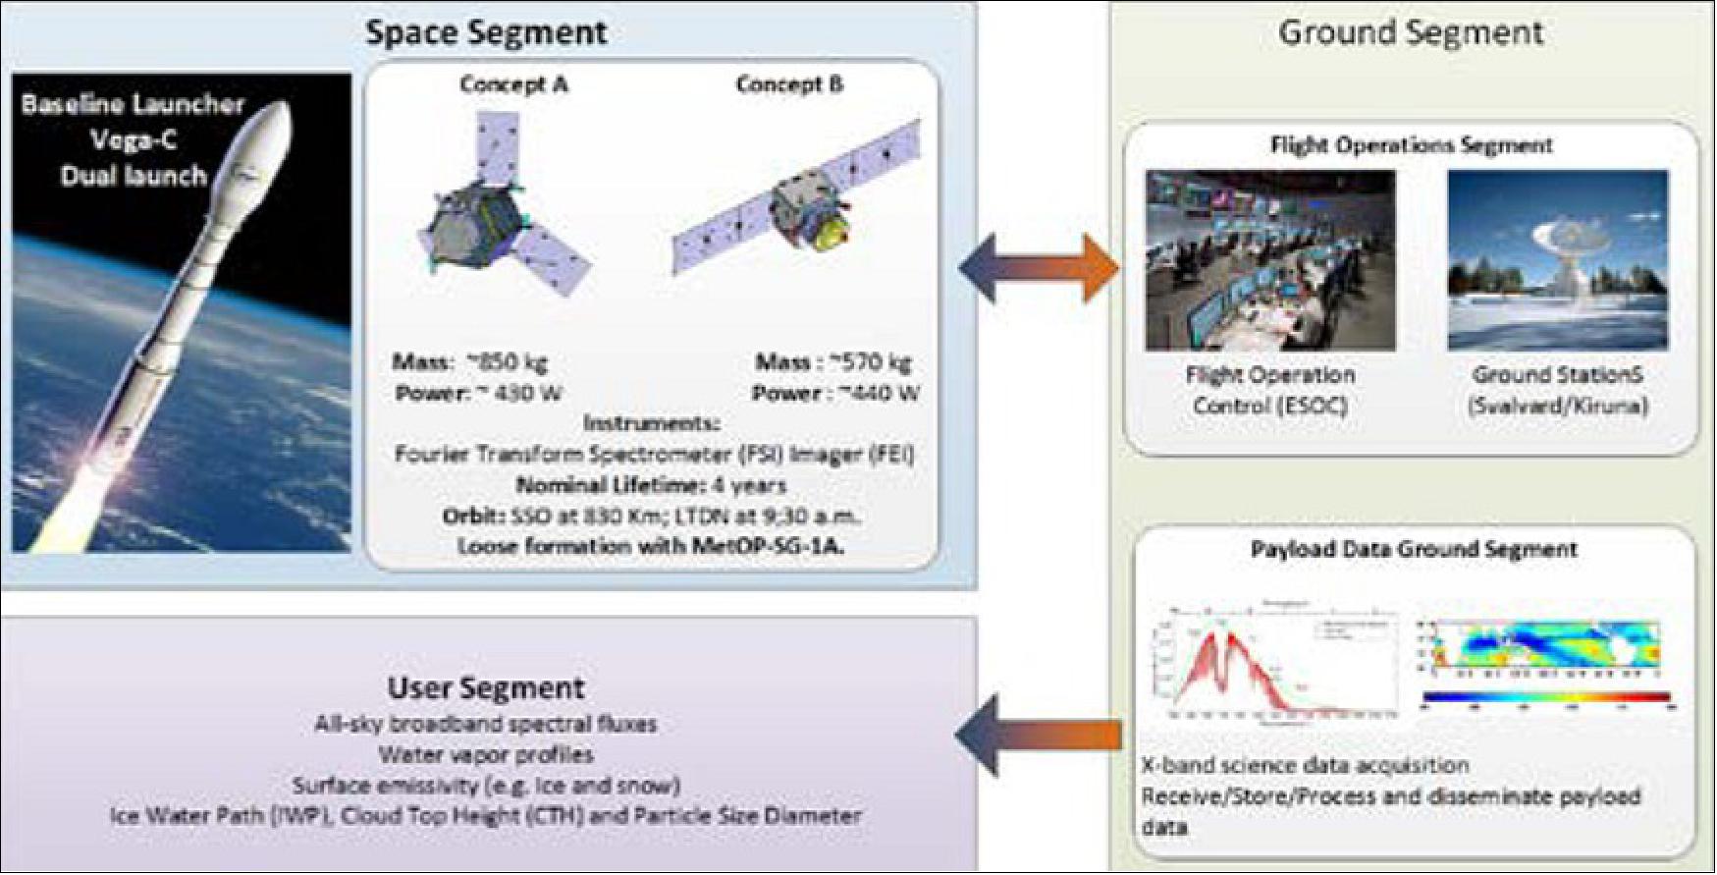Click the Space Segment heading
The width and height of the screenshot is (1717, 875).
pyautogui.click(x=486, y=32)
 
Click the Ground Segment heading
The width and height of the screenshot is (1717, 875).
pyautogui.click(x=1410, y=32)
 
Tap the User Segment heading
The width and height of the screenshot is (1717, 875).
pyautogui.click(x=486, y=687)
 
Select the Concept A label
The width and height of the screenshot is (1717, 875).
pyautogui.click(x=513, y=84)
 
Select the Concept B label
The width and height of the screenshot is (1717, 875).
pyautogui.click(x=789, y=84)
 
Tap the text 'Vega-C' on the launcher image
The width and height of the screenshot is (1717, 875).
pyautogui.click(x=134, y=140)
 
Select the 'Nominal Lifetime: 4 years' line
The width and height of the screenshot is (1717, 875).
pyautogui.click(x=651, y=485)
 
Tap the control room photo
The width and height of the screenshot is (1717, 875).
pyautogui.click(x=1269, y=260)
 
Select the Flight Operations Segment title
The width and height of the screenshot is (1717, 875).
pyautogui.click(x=1411, y=145)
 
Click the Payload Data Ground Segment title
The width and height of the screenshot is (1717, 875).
pyautogui.click(x=1414, y=550)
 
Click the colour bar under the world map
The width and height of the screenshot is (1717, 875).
pyautogui.click(x=1545, y=697)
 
